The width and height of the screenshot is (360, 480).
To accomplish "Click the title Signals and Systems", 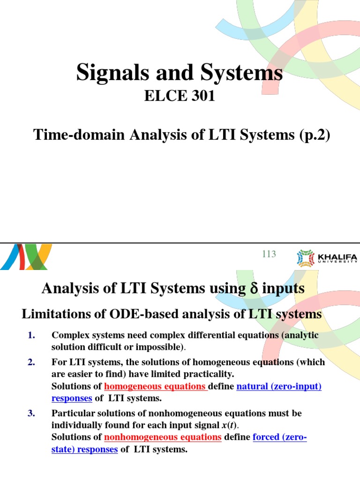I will coord(180,74).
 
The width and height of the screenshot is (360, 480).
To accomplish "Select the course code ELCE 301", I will coord(180,97).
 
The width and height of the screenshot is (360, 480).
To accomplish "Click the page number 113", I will coord(269,254).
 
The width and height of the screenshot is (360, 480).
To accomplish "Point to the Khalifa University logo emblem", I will coord(306,258).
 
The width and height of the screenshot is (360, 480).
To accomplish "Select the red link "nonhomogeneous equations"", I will coord(163,437).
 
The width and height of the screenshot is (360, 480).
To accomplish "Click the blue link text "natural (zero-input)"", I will coord(279,387).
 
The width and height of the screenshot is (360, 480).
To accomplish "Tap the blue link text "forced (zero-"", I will coord(280,437).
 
